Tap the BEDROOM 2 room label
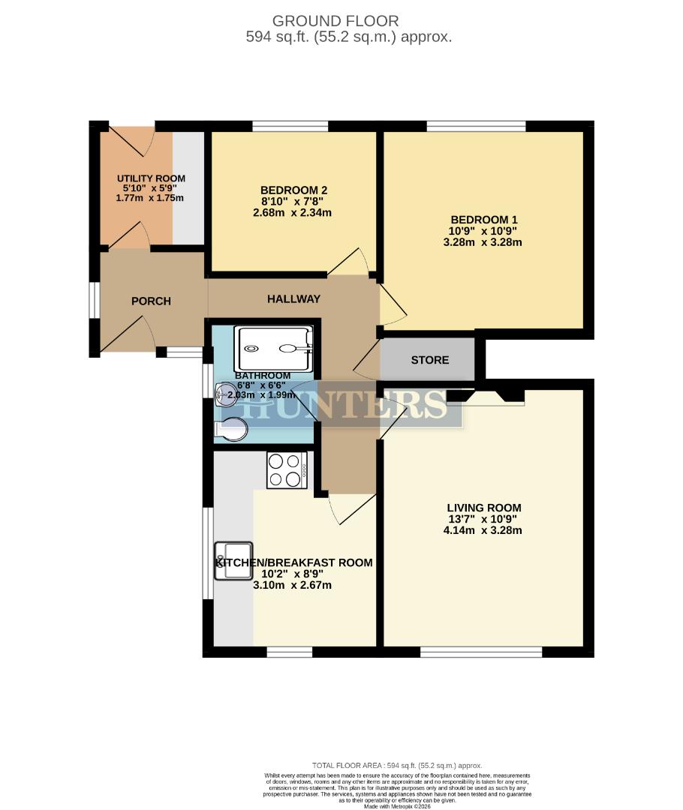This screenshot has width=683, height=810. click(293, 190)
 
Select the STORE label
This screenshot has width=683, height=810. click(430, 360)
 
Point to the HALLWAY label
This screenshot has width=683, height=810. click(294, 298)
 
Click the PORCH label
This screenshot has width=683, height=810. click(151, 301)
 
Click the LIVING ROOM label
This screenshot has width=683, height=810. click(483, 508)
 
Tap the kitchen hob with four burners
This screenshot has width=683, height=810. click(287, 470)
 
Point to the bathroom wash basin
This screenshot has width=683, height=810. click(226, 392)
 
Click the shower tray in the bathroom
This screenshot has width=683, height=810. click(274, 348)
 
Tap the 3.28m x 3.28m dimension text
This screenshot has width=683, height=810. click(483, 242)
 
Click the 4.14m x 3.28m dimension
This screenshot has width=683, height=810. click(483, 530)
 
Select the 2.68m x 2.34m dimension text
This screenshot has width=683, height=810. click(293, 212)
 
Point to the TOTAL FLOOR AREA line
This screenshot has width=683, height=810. click(397, 765)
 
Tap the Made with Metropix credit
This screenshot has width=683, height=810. click(397, 806)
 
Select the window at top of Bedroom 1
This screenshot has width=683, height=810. click(476, 125)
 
